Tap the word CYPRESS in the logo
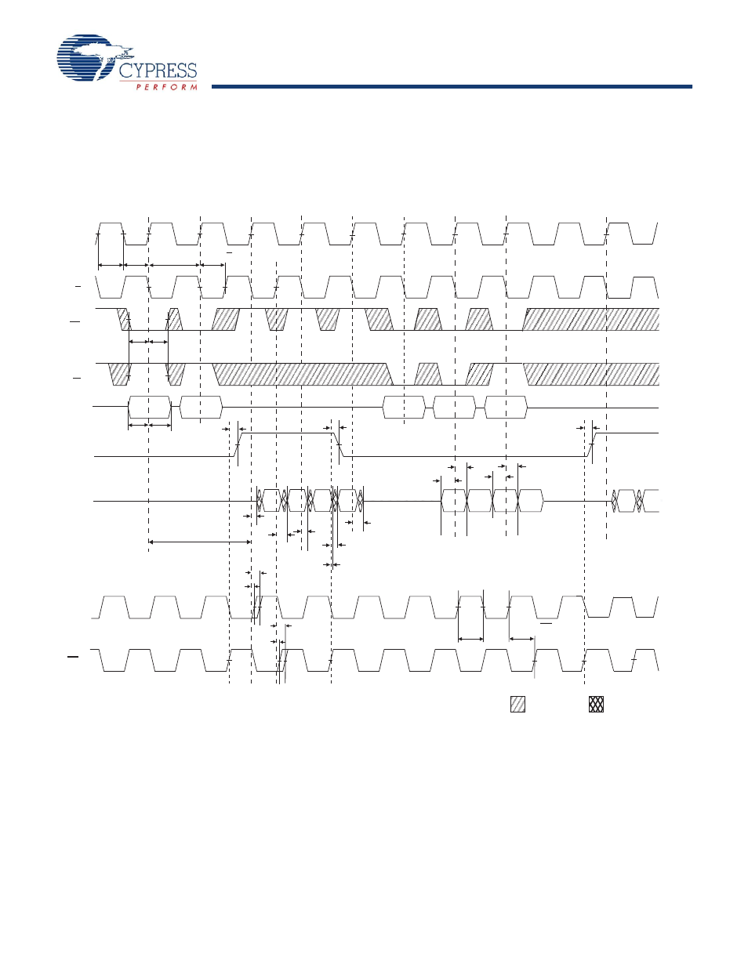[158, 71]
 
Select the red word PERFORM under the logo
[166, 87]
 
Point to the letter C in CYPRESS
[126, 71]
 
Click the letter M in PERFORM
[194, 87]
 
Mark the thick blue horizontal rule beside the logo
[452, 86]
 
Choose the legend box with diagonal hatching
[517, 704]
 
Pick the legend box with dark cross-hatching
[596, 704]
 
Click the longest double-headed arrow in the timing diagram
[200, 541]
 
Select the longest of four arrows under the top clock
[175, 265]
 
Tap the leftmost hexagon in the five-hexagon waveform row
[149, 408]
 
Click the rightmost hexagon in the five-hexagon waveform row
[506, 408]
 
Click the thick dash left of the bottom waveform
[73, 656]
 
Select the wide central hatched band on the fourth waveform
[303, 375]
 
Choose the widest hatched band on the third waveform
[591, 319]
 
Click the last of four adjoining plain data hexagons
[531, 500]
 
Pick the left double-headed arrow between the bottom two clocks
[470, 639]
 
